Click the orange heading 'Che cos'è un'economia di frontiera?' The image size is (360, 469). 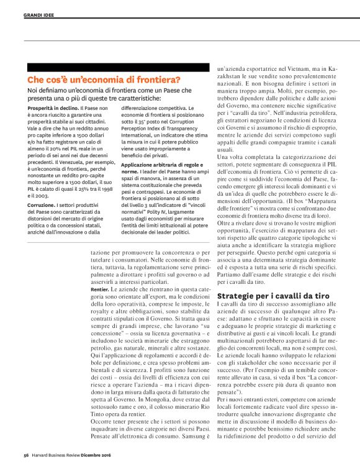104,80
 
